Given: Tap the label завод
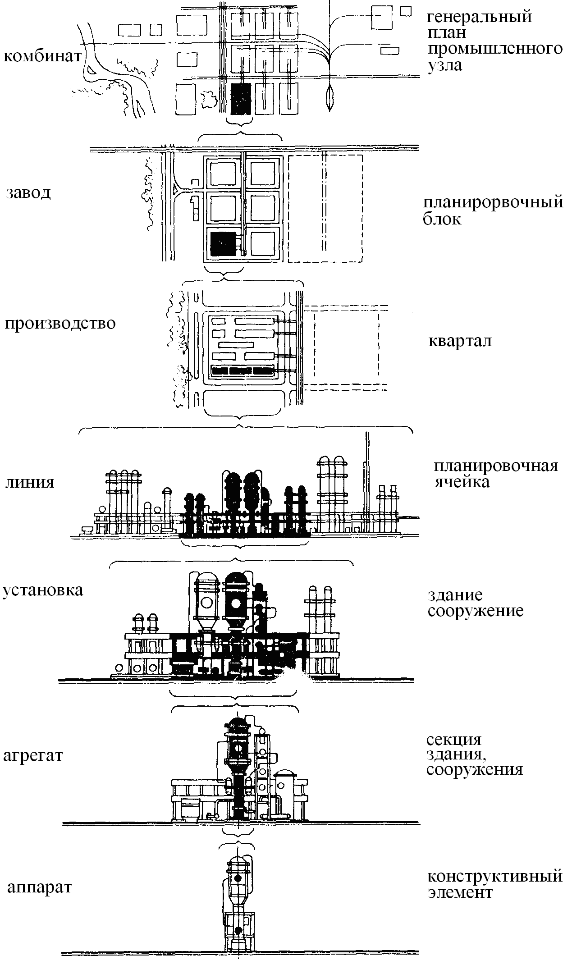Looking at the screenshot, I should tap(28, 193).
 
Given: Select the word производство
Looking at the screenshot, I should tap(60, 324).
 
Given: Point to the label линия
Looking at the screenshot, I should tap(30, 482).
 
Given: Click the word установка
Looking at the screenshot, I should tap(43, 590).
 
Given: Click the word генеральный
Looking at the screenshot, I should tap(480, 17).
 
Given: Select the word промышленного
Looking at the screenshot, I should tap(495, 49).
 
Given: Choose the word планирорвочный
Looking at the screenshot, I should tap(493, 202).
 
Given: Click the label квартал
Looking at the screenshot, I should tap(460, 341).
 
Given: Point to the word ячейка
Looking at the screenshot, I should tap(462, 482).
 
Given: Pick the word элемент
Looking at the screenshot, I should tap(460, 892).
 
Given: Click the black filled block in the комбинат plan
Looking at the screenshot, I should tap(241, 98).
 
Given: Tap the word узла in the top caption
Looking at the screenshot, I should tap(444, 65).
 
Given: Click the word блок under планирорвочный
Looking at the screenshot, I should tap(442, 219).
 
